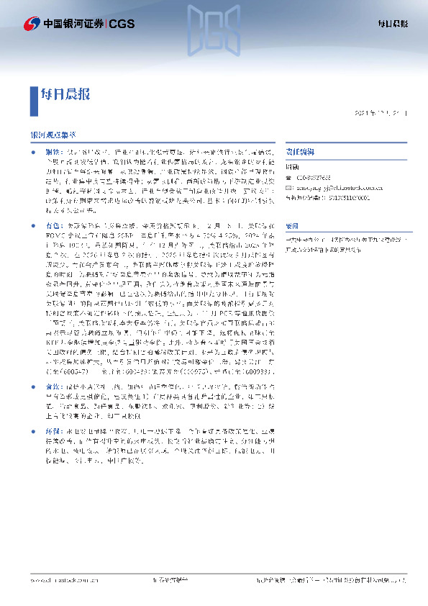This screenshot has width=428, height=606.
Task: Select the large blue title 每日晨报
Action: [x=65, y=94]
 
